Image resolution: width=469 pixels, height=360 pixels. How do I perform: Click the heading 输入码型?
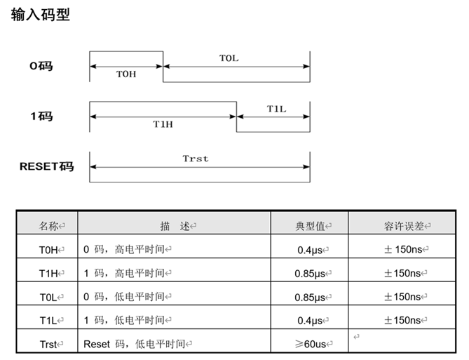40,15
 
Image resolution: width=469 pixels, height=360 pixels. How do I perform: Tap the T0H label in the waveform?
126,74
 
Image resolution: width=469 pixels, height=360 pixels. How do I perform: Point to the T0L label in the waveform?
229,58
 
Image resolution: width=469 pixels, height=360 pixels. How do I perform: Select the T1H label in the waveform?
163,123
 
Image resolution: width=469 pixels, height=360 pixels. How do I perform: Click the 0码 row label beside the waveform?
41,66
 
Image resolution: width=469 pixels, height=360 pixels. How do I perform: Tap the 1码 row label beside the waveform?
41,116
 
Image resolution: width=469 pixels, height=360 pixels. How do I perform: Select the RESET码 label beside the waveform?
46,166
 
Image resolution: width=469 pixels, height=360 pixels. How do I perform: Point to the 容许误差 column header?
406,225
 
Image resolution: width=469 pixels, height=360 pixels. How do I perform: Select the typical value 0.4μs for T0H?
311,249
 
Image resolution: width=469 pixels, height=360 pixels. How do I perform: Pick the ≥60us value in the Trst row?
311,345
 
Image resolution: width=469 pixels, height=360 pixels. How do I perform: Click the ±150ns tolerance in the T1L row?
406,321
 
